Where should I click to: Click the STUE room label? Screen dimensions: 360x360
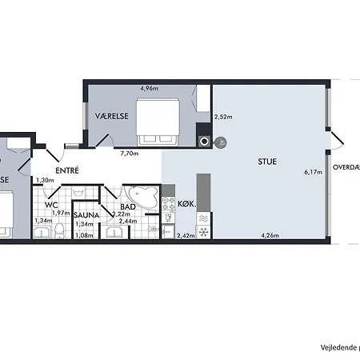click(266, 161)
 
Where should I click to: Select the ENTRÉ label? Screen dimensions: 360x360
click(66, 170)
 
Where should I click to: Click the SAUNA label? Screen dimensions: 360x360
click(86, 215)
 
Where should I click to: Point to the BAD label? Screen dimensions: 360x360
click(127, 206)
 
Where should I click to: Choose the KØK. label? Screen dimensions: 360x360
click(186, 204)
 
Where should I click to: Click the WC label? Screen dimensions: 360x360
click(52, 206)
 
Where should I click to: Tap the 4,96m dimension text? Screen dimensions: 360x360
click(148, 89)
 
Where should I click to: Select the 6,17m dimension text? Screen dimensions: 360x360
click(314, 171)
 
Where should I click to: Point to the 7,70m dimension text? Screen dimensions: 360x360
click(130, 153)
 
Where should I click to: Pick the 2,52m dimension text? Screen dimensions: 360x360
click(223, 118)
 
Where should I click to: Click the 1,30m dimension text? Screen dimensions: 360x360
click(45, 180)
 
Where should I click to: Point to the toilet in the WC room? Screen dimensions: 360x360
click(58, 231)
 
